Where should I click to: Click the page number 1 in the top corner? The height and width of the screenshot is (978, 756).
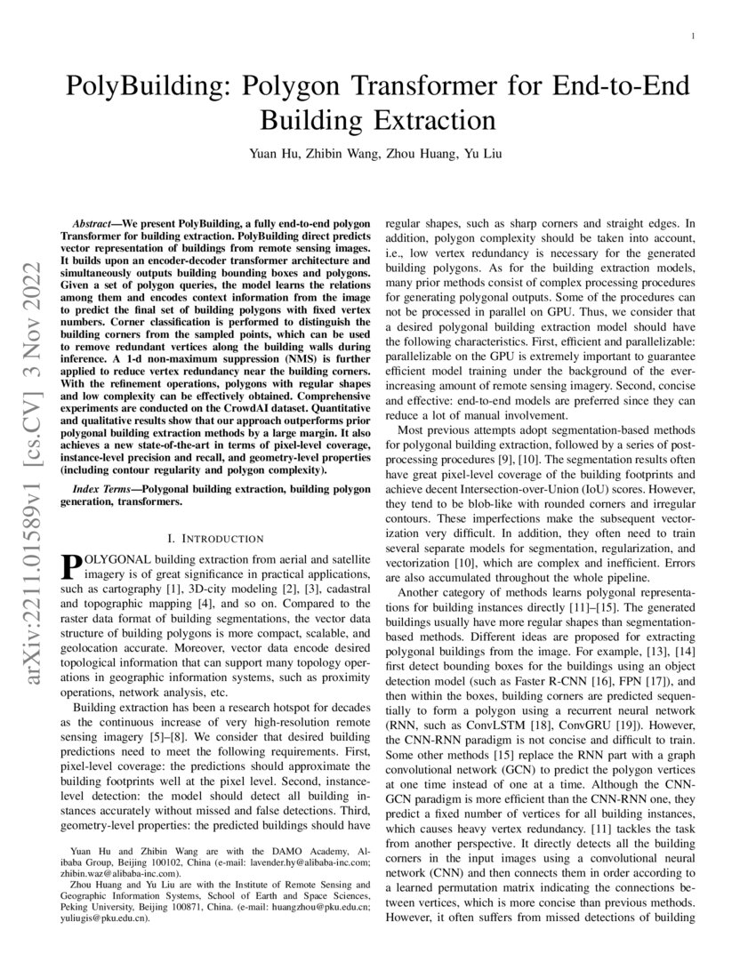693,36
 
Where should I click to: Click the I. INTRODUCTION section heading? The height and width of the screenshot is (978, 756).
214,538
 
